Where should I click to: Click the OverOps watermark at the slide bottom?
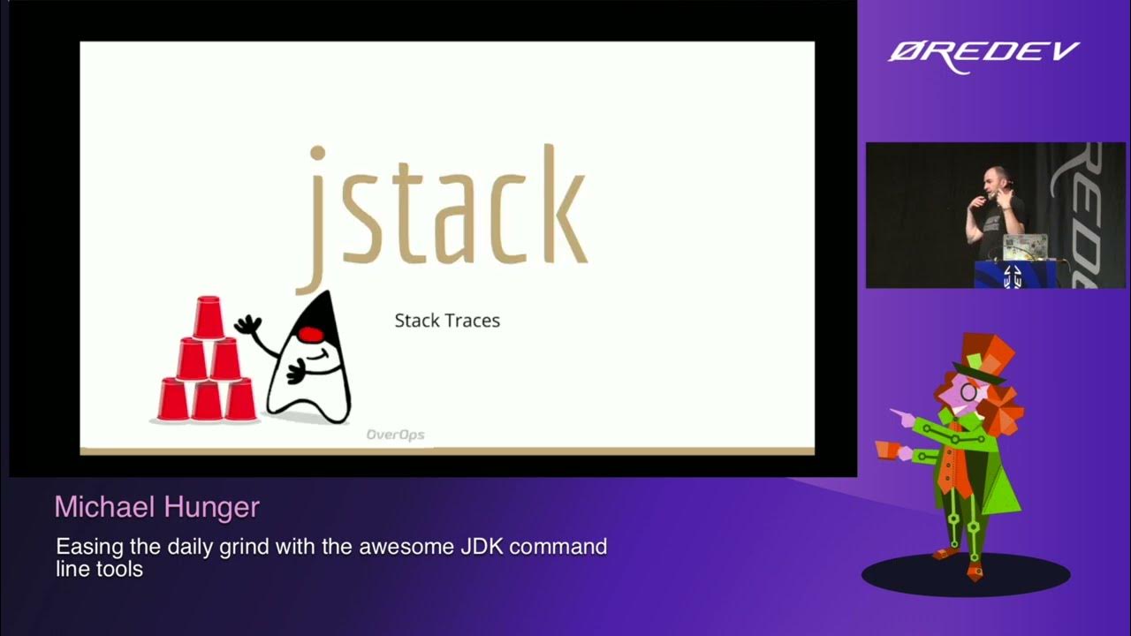click(395, 435)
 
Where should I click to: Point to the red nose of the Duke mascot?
click(309, 334)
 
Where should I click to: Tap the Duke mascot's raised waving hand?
click(248, 324)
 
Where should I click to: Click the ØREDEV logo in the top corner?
click(983, 53)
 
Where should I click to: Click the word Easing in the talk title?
click(85, 547)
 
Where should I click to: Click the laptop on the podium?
click(1024, 246)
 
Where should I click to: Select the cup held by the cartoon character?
click(887, 449)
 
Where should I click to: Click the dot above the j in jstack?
click(317, 155)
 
